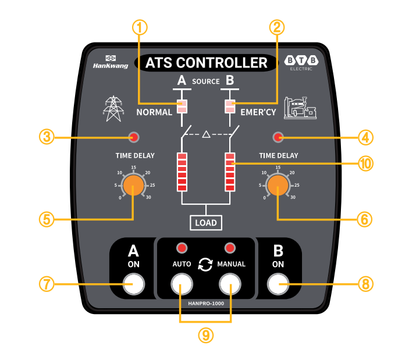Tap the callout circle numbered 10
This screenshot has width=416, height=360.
coord(365,164)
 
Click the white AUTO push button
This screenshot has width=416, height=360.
coord(182,284)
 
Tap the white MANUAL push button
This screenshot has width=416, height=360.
coord(230,284)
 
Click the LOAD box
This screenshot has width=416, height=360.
coord(206,222)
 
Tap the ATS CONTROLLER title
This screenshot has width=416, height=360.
coord(205,63)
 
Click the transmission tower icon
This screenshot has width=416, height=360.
coord(113,108)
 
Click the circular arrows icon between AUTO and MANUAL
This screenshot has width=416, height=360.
coord(205,264)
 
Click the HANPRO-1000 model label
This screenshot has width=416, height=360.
coord(206,303)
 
